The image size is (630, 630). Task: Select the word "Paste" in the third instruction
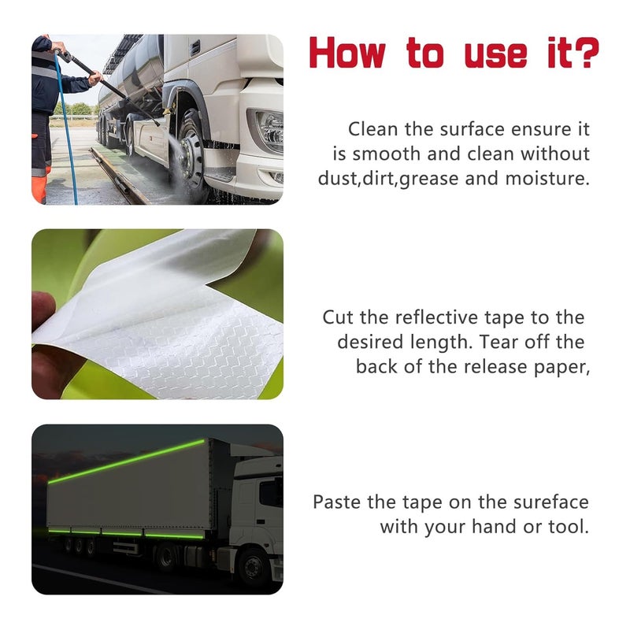pos(339,502)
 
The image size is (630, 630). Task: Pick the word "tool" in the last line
pos(568,526)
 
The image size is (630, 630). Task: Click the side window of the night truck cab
pos(270,494)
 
